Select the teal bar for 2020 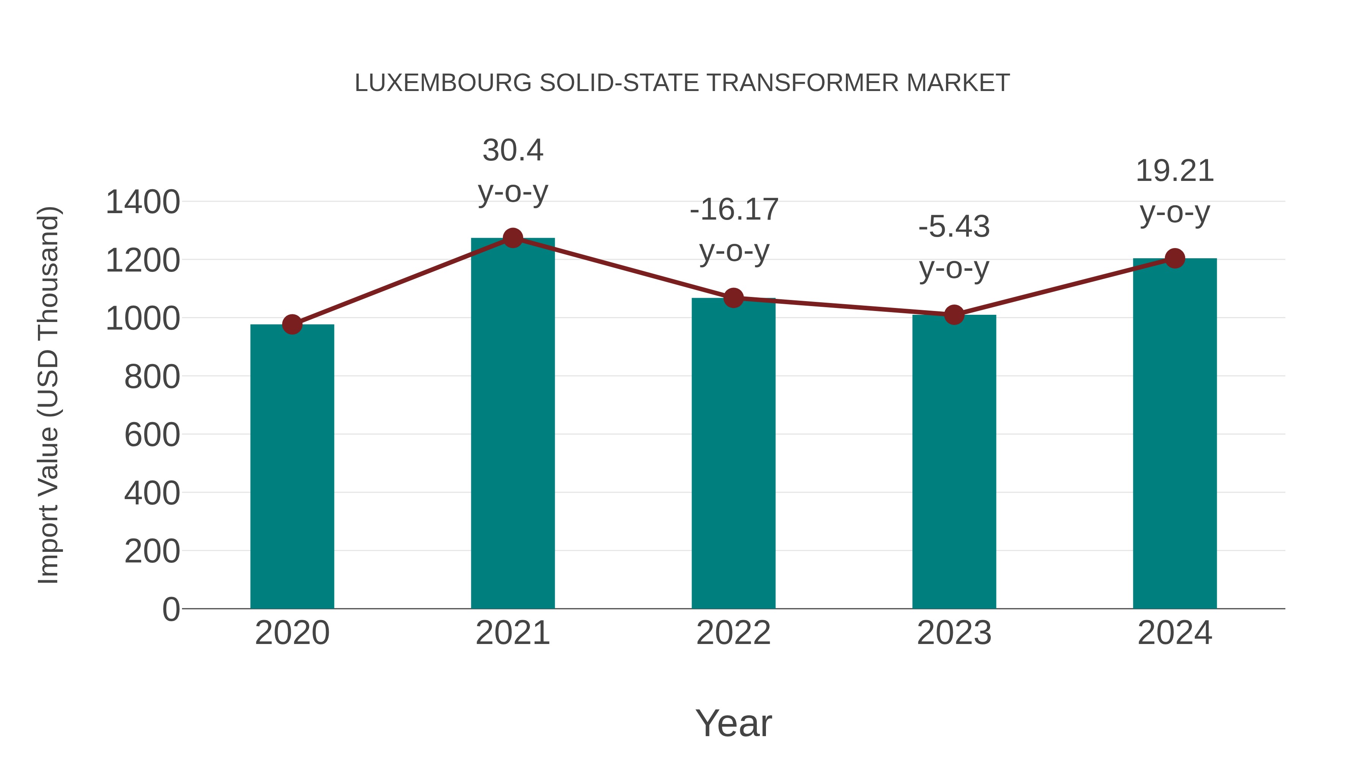click(292, 466)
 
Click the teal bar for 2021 click(512, 424)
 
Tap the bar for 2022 click(733, 453)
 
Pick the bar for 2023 click(954, 461)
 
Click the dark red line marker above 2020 click(292, 324)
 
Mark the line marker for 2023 click(954, 315)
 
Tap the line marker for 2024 click(1175, 259)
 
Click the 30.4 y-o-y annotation click(512, 171)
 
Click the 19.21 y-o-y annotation click(1175, 192)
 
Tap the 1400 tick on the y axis click(143, 202)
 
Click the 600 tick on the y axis click(152, 435)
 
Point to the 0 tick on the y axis click(171, 609)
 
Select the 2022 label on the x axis click(733, 633)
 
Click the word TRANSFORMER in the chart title click(802, 83)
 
